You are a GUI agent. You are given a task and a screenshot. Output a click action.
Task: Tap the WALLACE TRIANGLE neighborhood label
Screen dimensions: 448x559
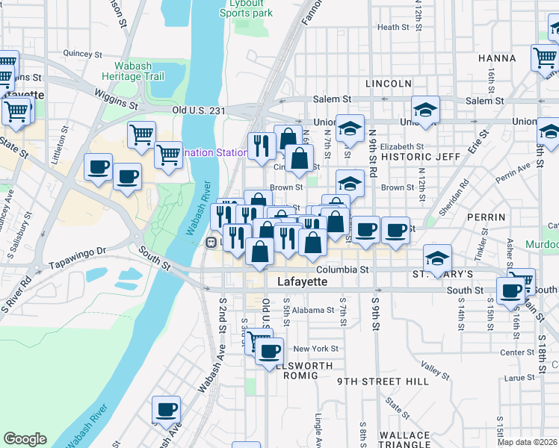404,441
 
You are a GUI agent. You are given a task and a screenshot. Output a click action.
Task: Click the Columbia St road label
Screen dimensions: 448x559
342,269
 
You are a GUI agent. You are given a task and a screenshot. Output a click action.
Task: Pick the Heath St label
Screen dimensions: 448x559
394,28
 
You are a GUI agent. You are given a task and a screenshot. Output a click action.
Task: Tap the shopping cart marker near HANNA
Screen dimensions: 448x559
546,57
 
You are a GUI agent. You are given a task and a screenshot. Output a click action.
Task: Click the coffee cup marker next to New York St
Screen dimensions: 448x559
269,350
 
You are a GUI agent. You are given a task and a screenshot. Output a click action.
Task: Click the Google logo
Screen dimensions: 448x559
25,439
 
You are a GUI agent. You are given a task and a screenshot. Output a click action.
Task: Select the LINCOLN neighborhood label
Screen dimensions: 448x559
389,83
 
